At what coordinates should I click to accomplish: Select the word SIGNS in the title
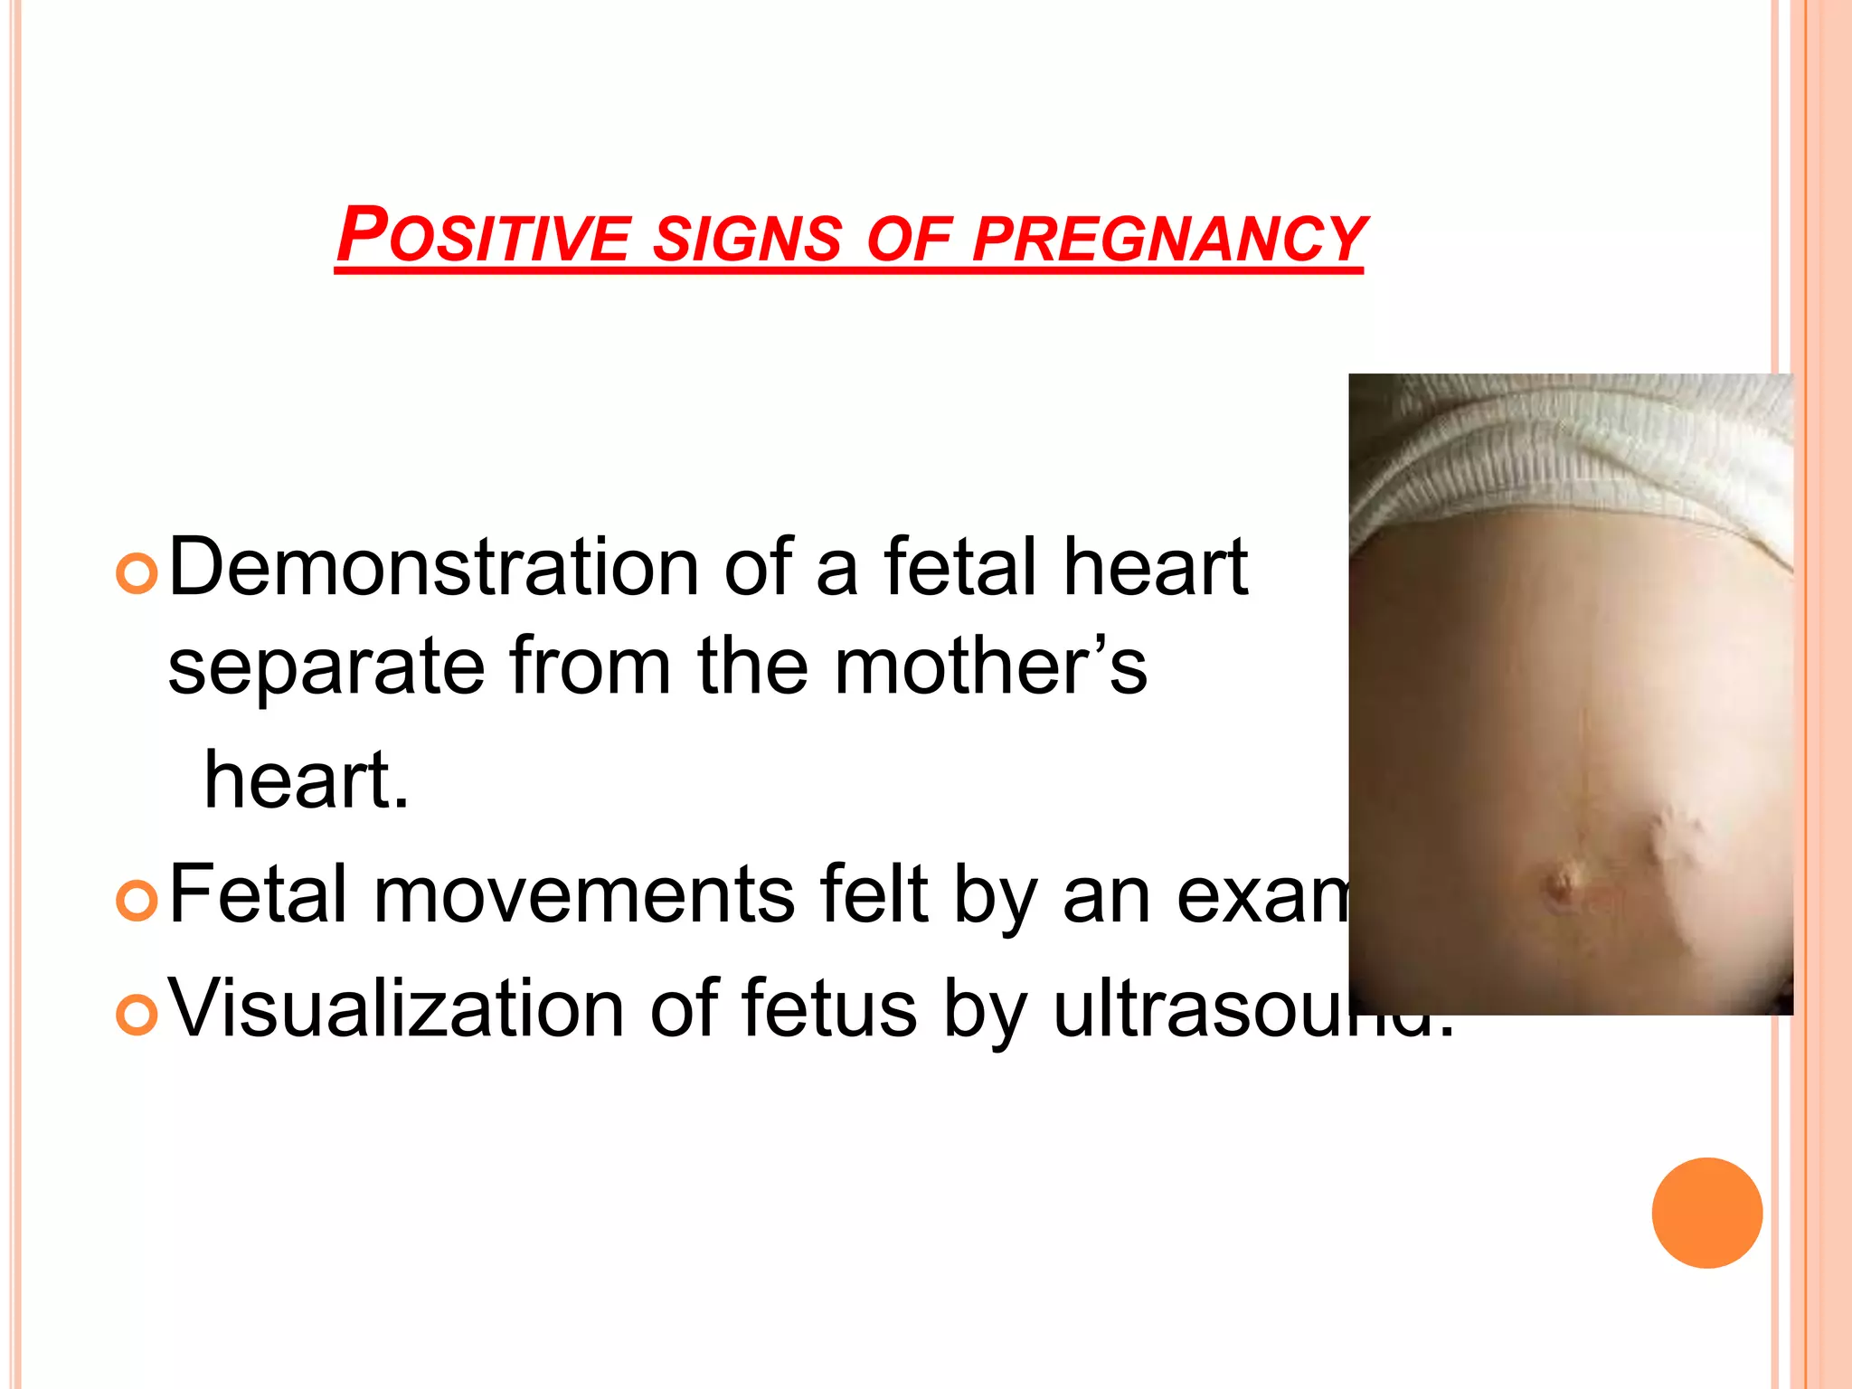point(747,239)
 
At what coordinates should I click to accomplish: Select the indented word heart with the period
point(306,780)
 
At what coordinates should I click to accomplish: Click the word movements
point(584,895)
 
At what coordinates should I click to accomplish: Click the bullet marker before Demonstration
point(137,574)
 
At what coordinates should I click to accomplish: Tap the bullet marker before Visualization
point(137,1016)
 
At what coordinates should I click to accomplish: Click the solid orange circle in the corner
point(1706,1213)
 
